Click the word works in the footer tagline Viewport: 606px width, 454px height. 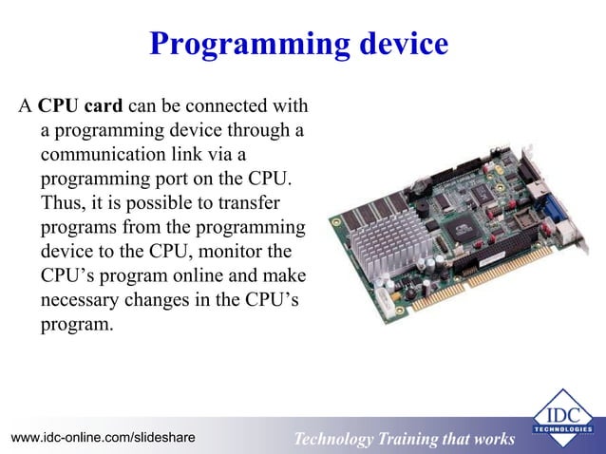(491, 439)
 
